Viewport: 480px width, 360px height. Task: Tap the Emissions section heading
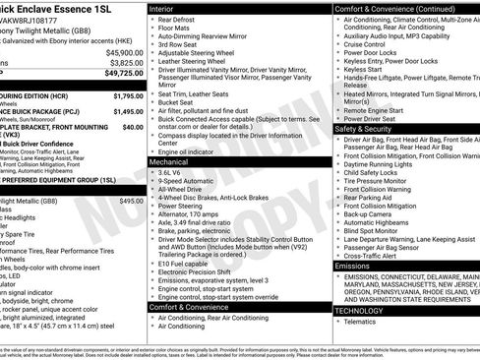click(x=353, y=266)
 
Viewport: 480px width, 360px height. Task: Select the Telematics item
click(x=362, y=322)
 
